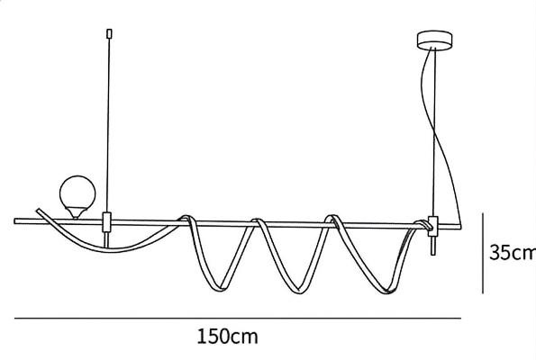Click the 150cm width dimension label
(x=227, y=337)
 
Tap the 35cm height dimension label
(x=513, y=252)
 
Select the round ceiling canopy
(x=434, y=40)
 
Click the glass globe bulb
(x=77, y=193)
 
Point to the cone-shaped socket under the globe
(x=76, y=212)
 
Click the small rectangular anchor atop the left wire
(x=109, y=33)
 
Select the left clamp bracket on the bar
(x=107, y=222)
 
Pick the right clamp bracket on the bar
(x=433, y=226)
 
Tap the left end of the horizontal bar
(x=15, y=221)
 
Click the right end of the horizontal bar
(x=459, y=227)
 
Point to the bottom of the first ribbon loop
(x=218, y=288)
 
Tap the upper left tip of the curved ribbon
(x=38, y=210)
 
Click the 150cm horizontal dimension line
(x=238, y=319)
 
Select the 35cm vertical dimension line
(x=483, y=253)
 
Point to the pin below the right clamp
(x=433, y=246)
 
